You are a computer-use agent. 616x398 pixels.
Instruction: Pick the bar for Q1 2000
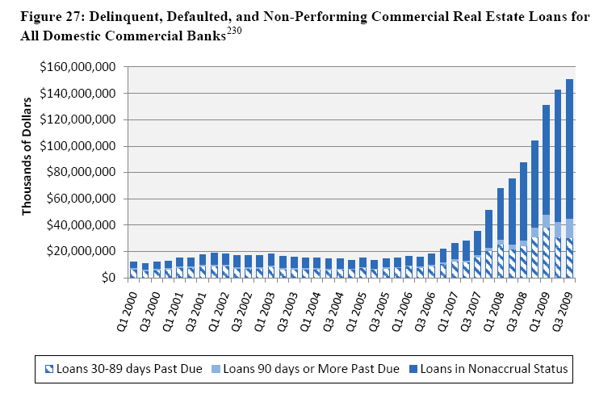pos(134,270)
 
